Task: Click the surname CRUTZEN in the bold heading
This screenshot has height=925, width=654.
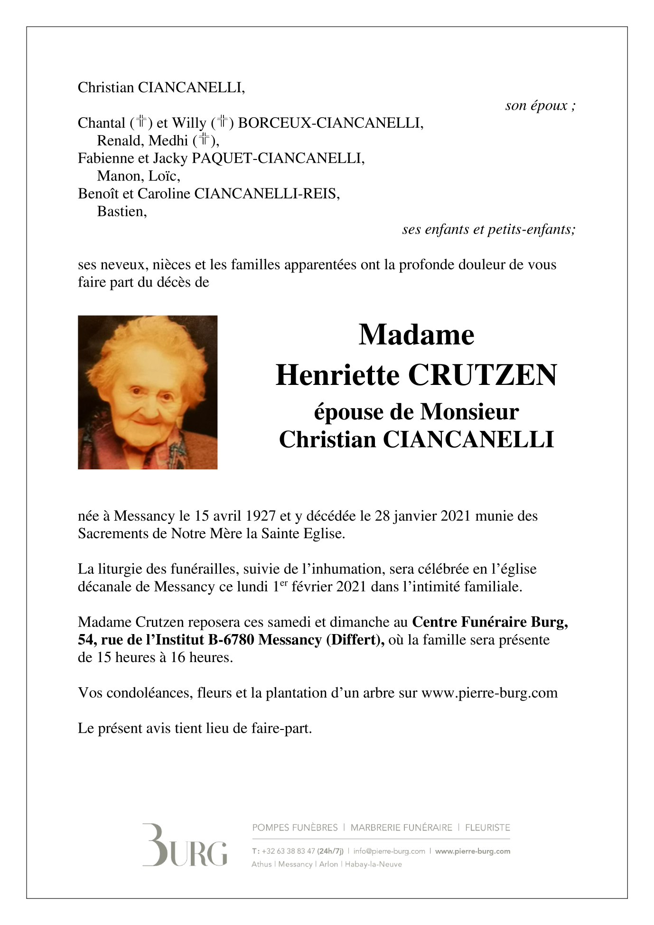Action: pyautogui.click(x=482, y=375)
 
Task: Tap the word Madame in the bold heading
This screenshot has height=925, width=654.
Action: pyautogui.click(x=416, y=335)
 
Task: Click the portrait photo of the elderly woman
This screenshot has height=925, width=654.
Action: pyautogui.click(x=148, y=392)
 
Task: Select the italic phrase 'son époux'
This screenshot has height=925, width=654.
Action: pyautogui.click(x=537, y=105)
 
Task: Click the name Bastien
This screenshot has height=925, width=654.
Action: pyautogui.click(x=121, y=212)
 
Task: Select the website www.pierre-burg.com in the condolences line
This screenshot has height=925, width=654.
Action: pyautogui.click(x=489, y=693)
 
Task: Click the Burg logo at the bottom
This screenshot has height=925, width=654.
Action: pyautogui.click(x=185, y=846)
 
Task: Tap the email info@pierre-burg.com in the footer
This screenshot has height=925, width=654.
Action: pyautogui.click(x=389, y=851)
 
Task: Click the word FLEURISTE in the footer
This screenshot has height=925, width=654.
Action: pyautogui.click(x=487, y=828)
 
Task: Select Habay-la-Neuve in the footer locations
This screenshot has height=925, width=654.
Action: pyautogui.click(x=373, y=864)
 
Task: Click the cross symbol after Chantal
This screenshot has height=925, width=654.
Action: pyautogui.click(x=141, y=122)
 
